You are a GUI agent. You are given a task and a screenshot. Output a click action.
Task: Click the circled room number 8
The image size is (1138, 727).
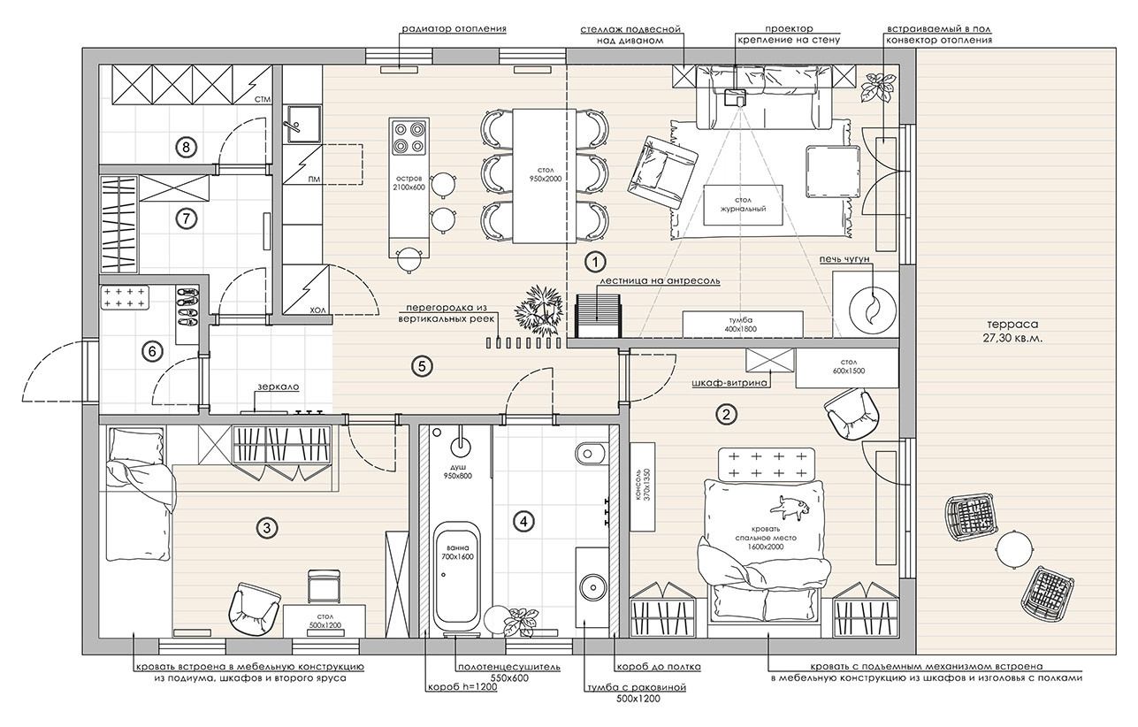click(x=186, y=148)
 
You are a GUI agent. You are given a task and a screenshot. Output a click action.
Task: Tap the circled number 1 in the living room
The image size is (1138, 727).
click(x=595, y=262)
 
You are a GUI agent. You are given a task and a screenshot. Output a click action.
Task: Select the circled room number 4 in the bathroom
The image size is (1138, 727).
click(x=523, y=521)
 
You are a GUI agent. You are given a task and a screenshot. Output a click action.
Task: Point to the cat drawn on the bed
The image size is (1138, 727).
click(x=790, y=508)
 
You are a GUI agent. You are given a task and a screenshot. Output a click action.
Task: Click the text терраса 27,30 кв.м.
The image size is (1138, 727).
click(x=1012, y=331)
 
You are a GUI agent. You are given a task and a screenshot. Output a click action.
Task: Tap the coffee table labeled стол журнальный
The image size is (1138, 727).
click(x=743, y=204)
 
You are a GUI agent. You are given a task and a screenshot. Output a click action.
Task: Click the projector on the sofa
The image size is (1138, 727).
click(x=733, y=96)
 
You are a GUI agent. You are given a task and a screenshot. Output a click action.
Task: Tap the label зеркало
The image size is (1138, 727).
click(x=278, y=386)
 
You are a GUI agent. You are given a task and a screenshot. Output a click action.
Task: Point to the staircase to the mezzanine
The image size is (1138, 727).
click(x=599, y=316)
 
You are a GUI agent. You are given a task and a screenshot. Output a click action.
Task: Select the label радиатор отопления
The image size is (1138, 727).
click(x=454, y=29)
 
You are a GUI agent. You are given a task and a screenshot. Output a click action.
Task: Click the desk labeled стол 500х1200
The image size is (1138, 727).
click(x=325, y=620)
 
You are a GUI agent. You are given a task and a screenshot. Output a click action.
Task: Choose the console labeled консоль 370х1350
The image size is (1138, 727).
click(x=642, y=486)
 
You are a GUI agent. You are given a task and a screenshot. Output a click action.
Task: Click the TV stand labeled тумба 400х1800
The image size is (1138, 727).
click(x=742, y=324)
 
